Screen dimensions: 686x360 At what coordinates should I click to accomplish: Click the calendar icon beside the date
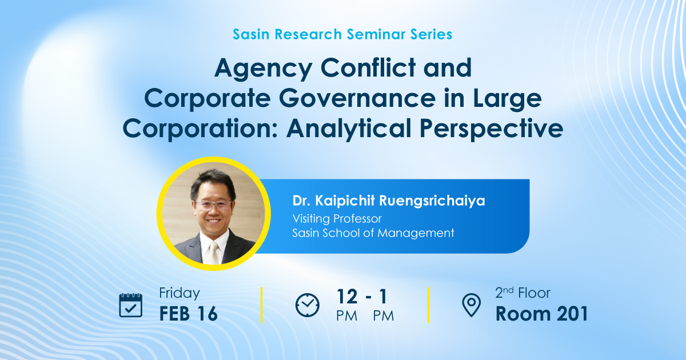point(130,305)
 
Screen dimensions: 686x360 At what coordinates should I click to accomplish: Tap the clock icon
point(307,305)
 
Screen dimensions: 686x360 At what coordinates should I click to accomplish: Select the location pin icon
point(471,305)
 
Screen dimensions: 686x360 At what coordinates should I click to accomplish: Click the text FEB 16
point(188,314)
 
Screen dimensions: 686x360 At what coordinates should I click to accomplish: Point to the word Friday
point(180,293)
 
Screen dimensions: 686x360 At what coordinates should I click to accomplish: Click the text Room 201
point(542,314)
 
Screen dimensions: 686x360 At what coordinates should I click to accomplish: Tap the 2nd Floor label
point(523,293)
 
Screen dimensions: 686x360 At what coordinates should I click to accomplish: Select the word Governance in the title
point(357,98)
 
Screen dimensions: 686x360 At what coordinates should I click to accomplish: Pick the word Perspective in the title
point(491,130)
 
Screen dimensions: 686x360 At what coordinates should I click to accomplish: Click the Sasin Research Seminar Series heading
point(342,34)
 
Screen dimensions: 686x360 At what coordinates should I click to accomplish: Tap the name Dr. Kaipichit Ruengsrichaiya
point(389,201)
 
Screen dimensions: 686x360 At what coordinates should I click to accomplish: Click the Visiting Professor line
point(337,218)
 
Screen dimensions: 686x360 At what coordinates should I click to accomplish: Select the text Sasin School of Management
point(373,233)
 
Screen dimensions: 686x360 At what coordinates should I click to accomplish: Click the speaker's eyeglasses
point(213,205)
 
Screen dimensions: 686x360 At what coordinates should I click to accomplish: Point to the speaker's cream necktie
point(213,253)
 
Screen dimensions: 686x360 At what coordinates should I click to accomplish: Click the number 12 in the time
point(347,297)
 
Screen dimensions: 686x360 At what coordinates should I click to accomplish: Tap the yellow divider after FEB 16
point(262,305)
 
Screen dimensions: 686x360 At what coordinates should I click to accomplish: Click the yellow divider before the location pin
point(428,305)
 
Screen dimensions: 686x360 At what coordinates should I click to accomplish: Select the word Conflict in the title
point(368,67)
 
